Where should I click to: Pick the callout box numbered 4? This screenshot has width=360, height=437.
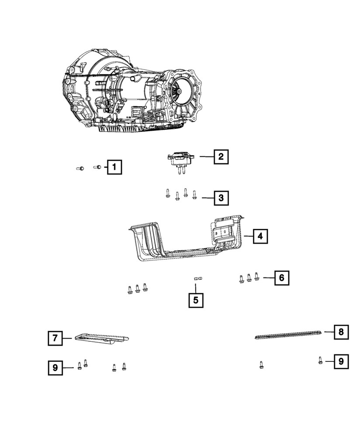click(260, 236)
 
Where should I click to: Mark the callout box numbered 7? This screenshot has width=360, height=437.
click(55, 338)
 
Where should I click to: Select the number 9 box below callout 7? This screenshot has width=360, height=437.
click(55, 368)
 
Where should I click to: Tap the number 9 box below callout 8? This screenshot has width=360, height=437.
click(341, 361)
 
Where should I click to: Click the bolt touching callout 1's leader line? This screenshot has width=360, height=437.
click(98, 166)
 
